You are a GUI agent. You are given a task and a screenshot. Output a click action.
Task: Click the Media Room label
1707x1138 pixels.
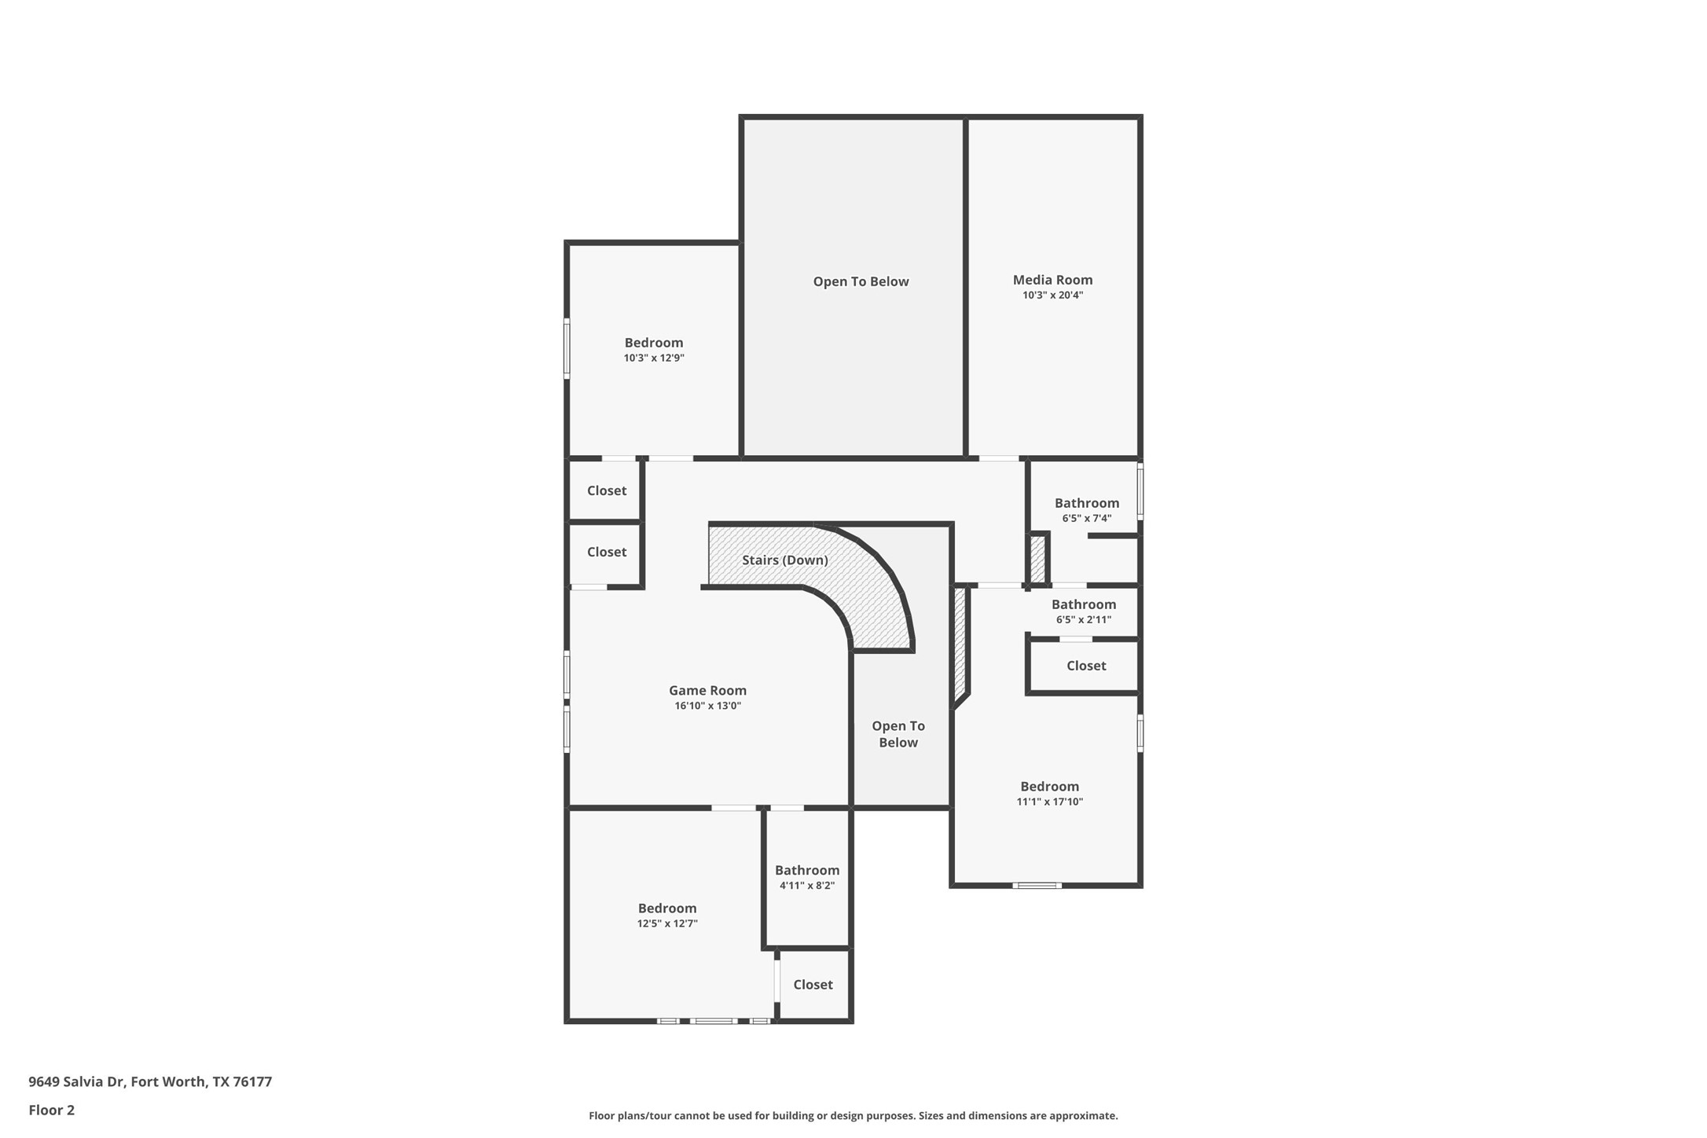coord(1052,280)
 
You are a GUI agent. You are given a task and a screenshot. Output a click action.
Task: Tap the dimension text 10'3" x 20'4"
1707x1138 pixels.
coord(1052,296)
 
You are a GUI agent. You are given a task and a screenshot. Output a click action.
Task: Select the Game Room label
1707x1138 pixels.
coord(707,690)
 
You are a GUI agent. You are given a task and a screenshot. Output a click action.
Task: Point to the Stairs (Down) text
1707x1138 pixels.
coord(784,560)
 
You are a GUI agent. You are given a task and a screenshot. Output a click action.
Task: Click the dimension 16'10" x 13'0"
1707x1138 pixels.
coord(707,706)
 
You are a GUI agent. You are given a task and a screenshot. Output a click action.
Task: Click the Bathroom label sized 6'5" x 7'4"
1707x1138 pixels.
coord(1086,503)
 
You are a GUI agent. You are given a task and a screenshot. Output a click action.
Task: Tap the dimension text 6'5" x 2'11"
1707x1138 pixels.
coord(1083,619)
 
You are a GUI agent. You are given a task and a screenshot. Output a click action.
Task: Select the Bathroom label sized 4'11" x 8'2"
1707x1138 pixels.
coord(806,870)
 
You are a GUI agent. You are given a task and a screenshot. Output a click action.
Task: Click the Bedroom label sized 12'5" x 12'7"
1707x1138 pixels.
coord(666,908)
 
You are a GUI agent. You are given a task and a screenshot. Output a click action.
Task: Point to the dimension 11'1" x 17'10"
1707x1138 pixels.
coord(1049,802)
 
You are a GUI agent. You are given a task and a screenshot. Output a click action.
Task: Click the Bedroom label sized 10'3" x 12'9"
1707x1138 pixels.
coord(653,343)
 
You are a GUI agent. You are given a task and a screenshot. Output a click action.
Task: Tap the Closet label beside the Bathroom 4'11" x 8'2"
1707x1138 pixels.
coord(813,984)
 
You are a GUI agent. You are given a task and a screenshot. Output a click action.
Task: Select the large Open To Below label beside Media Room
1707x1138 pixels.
coord(861,281)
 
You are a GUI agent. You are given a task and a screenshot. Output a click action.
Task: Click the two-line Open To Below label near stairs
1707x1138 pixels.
coord(898,734)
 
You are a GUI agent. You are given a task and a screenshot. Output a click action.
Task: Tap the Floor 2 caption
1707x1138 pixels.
coord(52,1110)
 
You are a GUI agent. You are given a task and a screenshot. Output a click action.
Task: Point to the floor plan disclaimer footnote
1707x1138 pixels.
coord(853,1115)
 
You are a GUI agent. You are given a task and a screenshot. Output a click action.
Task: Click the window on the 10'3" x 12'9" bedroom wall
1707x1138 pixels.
coord(567,348)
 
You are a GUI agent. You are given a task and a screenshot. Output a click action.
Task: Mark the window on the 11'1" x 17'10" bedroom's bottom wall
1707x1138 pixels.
coord(1037,886)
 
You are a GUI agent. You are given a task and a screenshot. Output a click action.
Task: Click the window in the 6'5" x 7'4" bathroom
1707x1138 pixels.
coord(1140,491)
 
